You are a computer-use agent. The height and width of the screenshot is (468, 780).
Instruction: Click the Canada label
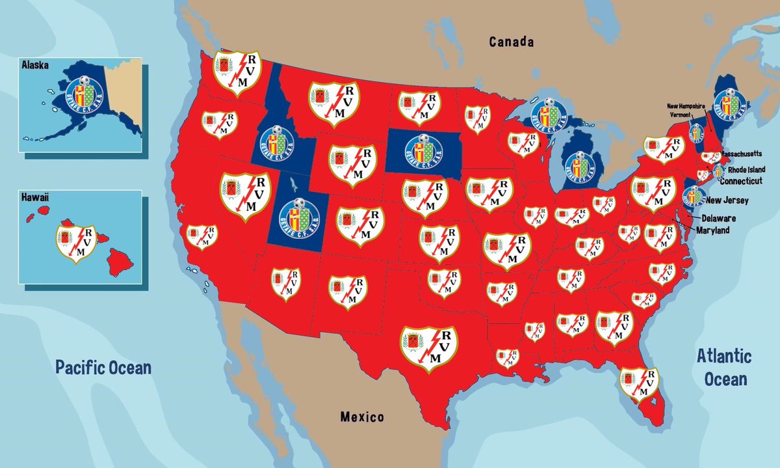coord(512,42)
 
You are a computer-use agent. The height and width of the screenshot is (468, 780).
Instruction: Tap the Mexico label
coord(362,417)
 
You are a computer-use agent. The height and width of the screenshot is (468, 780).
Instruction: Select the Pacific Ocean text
coord(103,367)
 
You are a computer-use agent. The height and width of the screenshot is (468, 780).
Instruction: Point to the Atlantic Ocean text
coord(723,367)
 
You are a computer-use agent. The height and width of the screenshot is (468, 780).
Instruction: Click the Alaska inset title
coord(36,66)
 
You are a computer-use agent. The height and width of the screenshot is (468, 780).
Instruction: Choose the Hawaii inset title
coord(36,196)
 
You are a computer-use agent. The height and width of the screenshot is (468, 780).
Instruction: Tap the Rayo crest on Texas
coord(428,348)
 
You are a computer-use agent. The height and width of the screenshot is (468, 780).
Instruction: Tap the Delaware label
coord(720,218)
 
